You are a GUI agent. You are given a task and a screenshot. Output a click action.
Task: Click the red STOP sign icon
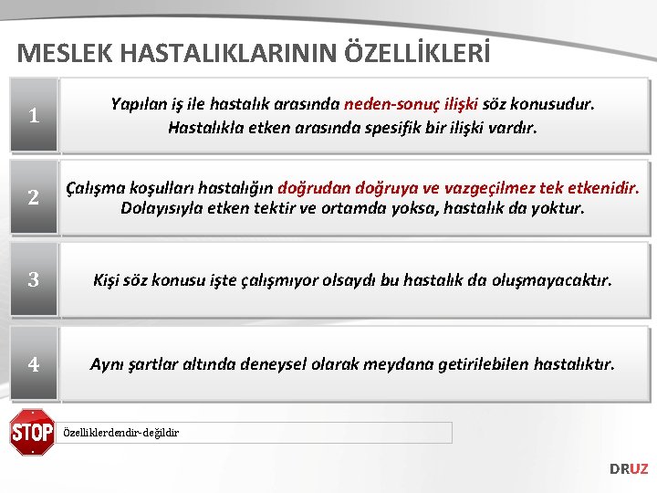32,432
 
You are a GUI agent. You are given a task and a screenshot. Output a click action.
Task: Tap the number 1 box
33,116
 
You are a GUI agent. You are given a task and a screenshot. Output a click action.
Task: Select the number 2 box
33,197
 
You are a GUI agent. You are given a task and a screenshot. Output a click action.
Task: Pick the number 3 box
33,280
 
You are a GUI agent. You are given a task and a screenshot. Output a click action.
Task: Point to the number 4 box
33,364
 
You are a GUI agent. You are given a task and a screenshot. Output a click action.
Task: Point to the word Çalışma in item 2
99,187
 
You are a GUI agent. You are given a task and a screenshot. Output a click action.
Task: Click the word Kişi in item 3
109,280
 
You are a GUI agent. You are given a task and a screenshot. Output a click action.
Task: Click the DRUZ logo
629,468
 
